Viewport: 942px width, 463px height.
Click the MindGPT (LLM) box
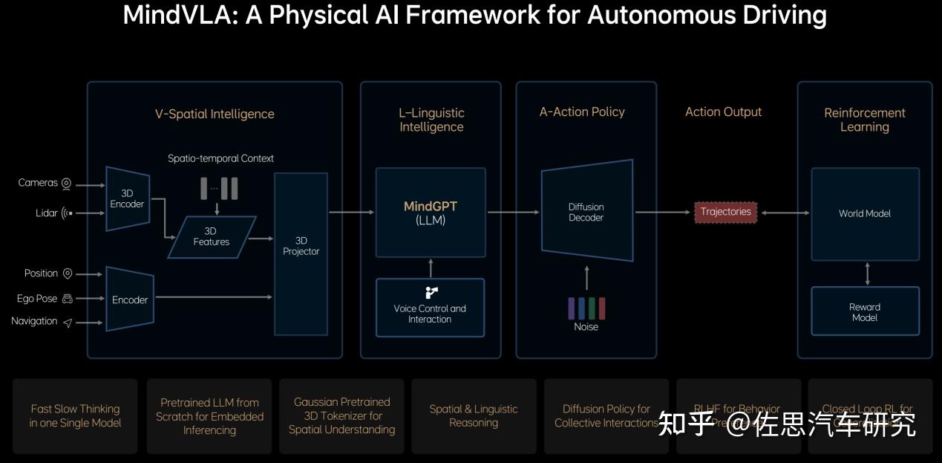pyautogui.click(x=431, y=213)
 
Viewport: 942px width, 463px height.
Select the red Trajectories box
pyautogui.click(x=725, y=213)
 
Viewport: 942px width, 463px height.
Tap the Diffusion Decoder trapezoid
pyautogui.click(x=586, y=211)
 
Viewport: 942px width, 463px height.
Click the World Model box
pyautogui.click(x=865, y=214)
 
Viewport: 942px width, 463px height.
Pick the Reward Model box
pyautogui.click(x=865, y=311)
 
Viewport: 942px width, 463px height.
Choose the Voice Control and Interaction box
pyautogui.click(x=430, y=308)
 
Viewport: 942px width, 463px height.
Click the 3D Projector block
pyautogui.click(x=301, y=253)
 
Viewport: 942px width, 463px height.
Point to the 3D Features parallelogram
pyautogui.click(x=212, y=236)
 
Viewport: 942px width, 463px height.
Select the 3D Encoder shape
pyautogui.click(x=128, y=198)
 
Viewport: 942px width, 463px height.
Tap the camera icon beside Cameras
pyautogui.click(x=66, y=184)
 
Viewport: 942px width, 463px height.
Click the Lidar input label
pyautogui.click(x=47, y=213)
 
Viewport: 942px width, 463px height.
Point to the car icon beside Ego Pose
pyautogui.click(x=68, y=299)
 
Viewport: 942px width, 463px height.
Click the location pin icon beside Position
pyautogui.click(x=68, y=273)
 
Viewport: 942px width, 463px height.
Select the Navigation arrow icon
pyautogui.click(x=68, y=323)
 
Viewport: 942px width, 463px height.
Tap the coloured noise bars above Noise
pyautogui.click(x=586, y=308)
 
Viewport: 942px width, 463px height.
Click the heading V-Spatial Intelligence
pyautogui.click(x=215, y=114)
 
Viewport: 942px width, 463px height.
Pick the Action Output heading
pyautogui.click(x=723, y=112)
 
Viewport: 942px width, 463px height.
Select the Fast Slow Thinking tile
pyautogui.click(x=75, y=416)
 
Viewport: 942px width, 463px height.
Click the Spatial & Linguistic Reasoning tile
pyautogui.click(x=474, y=416)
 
